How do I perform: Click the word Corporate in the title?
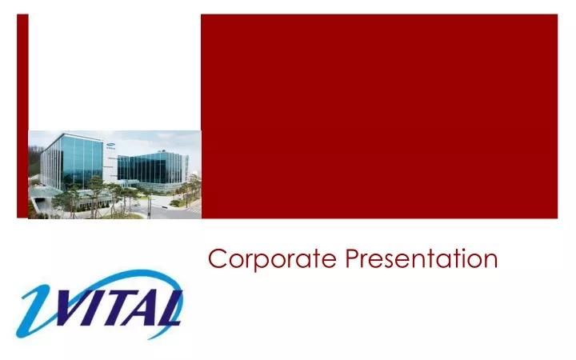pyautogui.click(x=272, y=259)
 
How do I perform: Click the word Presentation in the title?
pyautogui.click(x=422, y=258)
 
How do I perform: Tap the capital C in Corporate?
pyautogui.click(x=217, y=258)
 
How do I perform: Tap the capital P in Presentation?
pyautogui.click(x=353, y=258)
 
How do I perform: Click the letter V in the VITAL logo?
pyautogui.click(x=75, y=308)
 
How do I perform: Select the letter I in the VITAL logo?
pyautogui.click(x=105, y=308)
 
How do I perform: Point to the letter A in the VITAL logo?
pyautogui.click(x=150, y=309)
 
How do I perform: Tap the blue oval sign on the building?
pyautogui.click(x=110, y=144)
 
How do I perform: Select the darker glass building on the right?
pyautogui.click(x=154, y=169)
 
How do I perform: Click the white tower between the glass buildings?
pyautogui.click(x=110, y=162)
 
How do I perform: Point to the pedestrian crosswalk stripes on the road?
pyautogui.click(x=194, y=211)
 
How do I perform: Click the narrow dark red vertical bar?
pyautogui.click(x=22, y=116)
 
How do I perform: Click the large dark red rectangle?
pyautogui.click(x=379, y=116)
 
